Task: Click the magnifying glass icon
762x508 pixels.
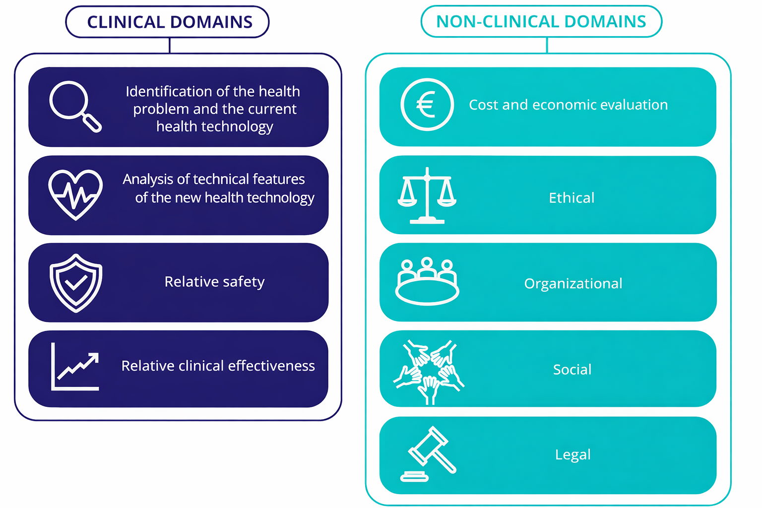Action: pos(74,106)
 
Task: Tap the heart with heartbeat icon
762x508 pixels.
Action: pos(75,194)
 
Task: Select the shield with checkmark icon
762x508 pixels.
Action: pos(76,283)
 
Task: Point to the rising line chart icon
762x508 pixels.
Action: pos(75,367)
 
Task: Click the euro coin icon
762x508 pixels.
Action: pos(427,105)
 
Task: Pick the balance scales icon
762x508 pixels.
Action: pos(427,195)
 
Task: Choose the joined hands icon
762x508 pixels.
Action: pos(428,371)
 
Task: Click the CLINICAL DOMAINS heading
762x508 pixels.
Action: pos(170,22)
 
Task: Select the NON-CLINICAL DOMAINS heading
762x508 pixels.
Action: pos(541,21)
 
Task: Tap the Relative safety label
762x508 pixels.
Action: pos(214,282)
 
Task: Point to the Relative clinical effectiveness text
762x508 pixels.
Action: pos(218,366)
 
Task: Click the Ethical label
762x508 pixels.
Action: pos(571,198)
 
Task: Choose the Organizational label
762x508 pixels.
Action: pos(573,283)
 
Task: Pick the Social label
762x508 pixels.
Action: pos(572,370)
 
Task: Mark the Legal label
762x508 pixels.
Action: pos(572,454)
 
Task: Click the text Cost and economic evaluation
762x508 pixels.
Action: pos(568,105)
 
